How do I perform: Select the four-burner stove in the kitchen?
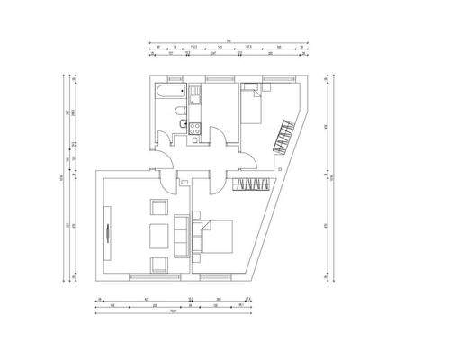point(193,128)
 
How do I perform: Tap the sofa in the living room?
point(182,236)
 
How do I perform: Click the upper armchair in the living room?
point(159,208)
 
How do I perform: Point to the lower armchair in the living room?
point(159,264)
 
